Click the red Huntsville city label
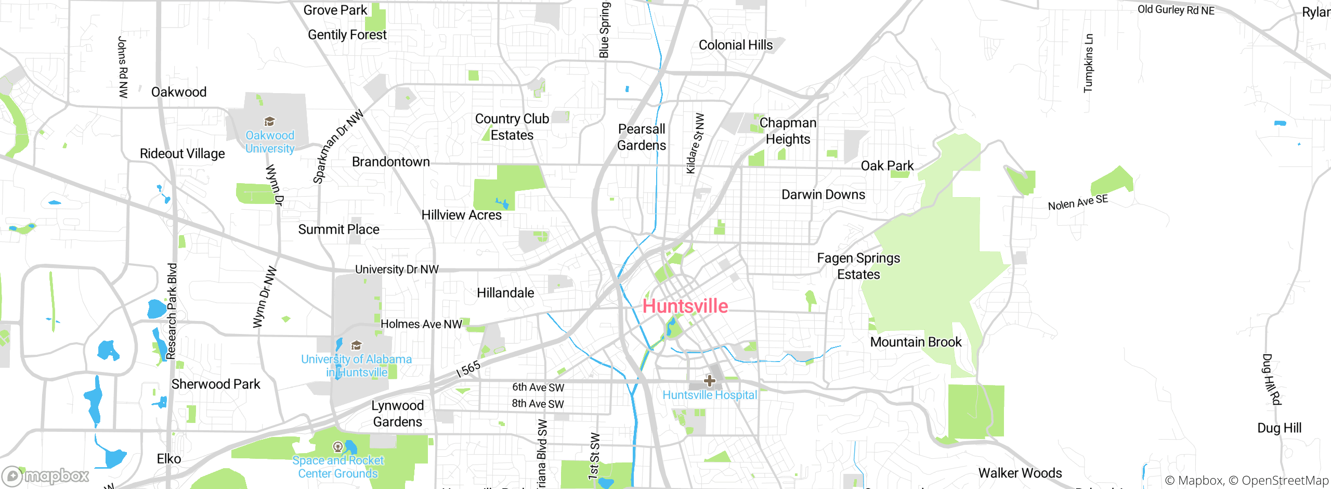685,306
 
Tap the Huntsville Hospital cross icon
710,381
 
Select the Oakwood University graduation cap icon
269,122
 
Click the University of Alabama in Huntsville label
356,366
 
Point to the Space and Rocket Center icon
337,446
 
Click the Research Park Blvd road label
172,311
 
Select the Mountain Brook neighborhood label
916,342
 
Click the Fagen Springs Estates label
858,266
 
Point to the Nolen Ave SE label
1078,202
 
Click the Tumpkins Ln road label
1088,63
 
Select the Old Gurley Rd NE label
1176,10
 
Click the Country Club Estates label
512,127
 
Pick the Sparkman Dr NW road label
337,146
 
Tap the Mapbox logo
46,475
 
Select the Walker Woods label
1020,473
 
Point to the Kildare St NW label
695,144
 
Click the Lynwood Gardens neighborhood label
398,414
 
